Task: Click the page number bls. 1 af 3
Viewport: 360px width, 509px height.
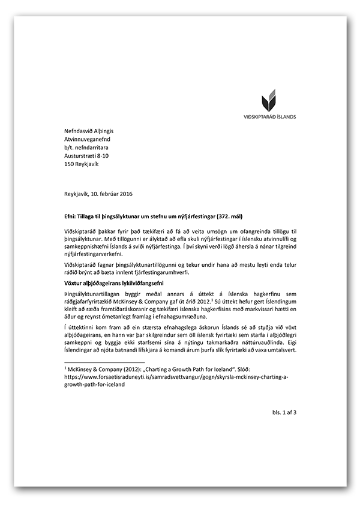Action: click(280, 412)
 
